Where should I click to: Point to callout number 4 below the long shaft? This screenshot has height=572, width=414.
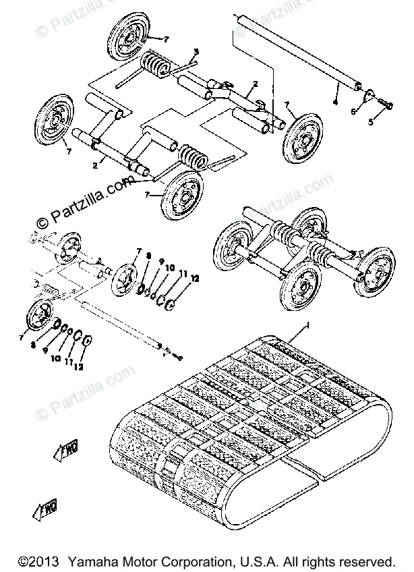335,102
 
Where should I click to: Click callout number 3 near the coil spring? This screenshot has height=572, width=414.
196,51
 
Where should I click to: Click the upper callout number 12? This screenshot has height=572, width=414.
194,277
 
